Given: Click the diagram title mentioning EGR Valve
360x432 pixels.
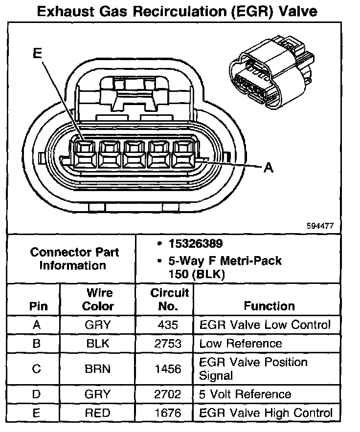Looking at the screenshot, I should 180,11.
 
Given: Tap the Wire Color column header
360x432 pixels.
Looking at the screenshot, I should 98,300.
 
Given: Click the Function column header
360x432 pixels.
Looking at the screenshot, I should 269,306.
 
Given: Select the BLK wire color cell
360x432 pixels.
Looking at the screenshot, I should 98,344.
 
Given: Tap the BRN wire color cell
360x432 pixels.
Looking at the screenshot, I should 98,369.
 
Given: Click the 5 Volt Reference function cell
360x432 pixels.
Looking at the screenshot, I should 246,394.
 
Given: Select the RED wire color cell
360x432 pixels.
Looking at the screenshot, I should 98,413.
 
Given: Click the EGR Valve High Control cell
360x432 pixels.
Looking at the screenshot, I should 266,413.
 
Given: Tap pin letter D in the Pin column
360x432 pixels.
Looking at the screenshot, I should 36,394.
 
